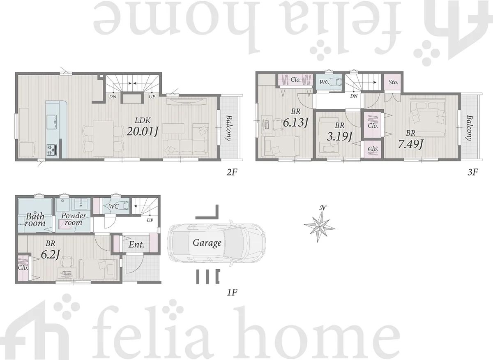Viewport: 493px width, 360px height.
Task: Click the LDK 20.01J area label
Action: [x=143, y=127]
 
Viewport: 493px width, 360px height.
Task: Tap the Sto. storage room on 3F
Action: [x=393, y=82]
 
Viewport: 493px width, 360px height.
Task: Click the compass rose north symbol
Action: [x=320, y=225]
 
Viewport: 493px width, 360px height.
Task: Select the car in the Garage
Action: [x=217, y=243]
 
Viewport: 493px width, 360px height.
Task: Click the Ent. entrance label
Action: [x=136, y=245]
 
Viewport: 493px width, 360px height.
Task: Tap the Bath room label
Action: [x=35, y=220]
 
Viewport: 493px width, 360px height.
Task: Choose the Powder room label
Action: [x=74, y=219]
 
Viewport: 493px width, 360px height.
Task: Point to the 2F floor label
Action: [x=232, y=172]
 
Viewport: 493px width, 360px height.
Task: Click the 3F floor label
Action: [x=472, y=172]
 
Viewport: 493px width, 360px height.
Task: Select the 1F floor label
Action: [x=232, y=293]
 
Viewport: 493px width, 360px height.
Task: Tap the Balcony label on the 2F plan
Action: [x=229, y=128]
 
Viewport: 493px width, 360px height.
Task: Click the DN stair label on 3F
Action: [x=354, y=96]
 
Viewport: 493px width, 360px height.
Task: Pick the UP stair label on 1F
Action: [x=150, y=220]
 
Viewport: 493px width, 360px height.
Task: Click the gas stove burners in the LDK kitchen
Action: [x=52, y=150]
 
